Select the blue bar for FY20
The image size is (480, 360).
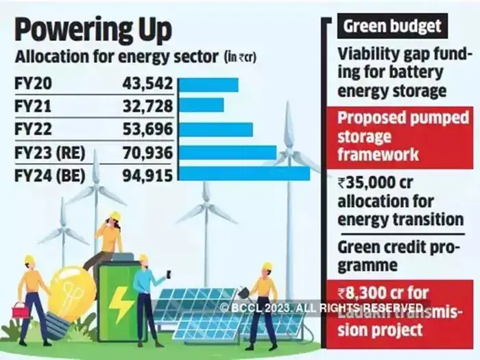208,84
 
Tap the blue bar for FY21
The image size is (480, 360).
201,106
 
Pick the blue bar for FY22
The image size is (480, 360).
215,129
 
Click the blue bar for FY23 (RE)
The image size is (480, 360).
227,152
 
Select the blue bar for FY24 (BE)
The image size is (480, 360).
243,173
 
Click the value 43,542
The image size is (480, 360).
141,84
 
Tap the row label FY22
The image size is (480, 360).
32,129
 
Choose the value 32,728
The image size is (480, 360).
141,106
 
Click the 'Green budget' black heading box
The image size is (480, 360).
392,27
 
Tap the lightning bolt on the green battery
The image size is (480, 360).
121,304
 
